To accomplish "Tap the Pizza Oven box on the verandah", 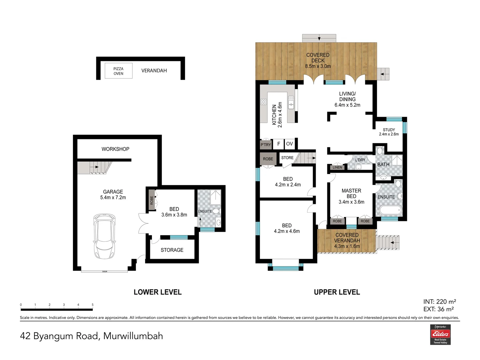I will click(118, 71).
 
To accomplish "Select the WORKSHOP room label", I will click(115, 149).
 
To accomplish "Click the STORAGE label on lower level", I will click(172, 250).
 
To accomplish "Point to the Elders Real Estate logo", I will click(440, 334).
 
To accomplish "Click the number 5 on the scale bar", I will click(93, 305).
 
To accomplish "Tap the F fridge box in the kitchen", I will click(279, 144).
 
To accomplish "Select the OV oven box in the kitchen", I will click(289, 144).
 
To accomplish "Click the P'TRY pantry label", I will click(266, 145).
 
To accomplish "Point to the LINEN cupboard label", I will click(337, 167).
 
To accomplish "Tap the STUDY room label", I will click(389, 130).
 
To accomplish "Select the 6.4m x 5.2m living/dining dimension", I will click(347, 105).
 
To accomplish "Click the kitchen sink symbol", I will click(291, 103).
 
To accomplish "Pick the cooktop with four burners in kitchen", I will click(264, 102).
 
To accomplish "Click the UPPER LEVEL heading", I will click(337, 292).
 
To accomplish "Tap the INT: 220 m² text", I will click(439, 302).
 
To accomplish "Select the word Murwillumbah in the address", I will click(133, 336).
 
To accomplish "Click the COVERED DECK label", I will click(318, 58).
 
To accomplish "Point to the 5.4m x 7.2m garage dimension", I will click(113, 198).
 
